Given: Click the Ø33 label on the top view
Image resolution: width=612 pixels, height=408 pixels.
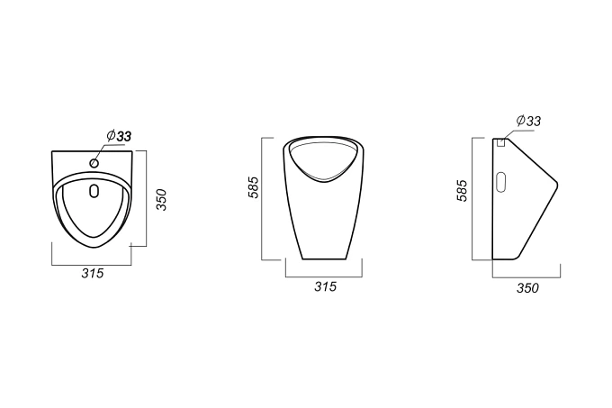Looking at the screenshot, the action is [119, 136].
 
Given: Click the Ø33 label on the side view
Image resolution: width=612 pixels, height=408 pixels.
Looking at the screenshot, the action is [528, 121].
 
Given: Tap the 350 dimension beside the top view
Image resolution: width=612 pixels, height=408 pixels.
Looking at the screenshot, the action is [161, 200].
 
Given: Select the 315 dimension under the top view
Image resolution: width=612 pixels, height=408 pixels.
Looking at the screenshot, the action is [93, 273].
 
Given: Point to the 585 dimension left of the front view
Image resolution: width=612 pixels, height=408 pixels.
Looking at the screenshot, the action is [253, 187].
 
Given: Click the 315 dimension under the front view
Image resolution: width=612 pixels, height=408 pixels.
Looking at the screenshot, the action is [325, 286].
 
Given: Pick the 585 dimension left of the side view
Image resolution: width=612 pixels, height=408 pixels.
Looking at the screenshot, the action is [462, 191].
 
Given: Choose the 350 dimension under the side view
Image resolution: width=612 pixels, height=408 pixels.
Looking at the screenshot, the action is [527, 288].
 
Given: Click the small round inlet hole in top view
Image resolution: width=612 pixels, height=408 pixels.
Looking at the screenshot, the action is [94, 163].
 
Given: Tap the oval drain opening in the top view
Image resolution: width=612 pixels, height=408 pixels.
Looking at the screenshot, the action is [94, 191].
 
